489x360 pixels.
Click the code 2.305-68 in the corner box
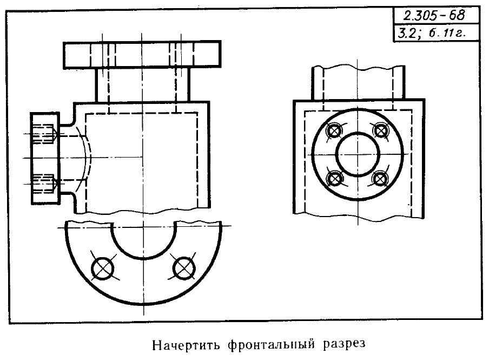pos(434,16)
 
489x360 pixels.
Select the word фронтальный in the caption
pos(271,345)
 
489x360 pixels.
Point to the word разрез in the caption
pos(344,345)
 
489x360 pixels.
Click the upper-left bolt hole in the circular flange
pos(334,131)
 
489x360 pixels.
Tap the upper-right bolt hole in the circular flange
pos(380,130)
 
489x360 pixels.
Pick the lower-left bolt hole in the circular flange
pos(334,179)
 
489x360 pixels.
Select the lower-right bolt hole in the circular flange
pos(380,179)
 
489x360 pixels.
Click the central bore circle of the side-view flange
pos(358,133)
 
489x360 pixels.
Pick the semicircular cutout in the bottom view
pos(144,259)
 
